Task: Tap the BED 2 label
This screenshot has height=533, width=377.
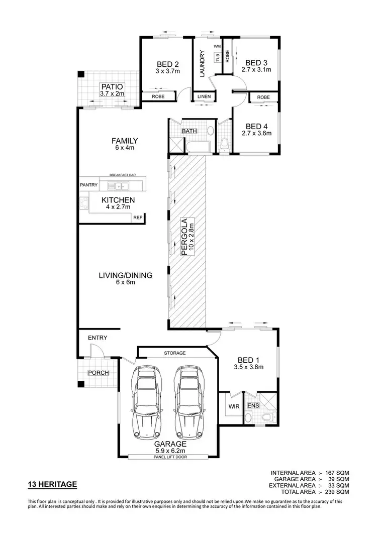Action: point(168,64)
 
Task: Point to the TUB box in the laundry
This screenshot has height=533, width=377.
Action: point(218,57)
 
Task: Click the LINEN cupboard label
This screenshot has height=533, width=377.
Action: point(204,96)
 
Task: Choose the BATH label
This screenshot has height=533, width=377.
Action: point(190,132)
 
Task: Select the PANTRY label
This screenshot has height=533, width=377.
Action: point(88,185)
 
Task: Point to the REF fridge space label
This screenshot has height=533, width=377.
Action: point(137,218)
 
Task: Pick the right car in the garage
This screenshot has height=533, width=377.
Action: point(189,402)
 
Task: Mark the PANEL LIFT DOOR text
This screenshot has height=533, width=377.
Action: point(167,457)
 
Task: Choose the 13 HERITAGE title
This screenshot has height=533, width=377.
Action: point(52,484)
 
